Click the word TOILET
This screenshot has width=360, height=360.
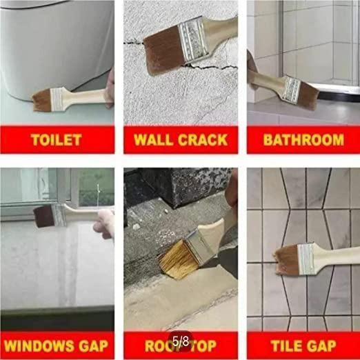coord(56,140)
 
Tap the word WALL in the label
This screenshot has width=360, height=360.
coord(154,140)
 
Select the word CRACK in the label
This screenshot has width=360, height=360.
coord(203,140)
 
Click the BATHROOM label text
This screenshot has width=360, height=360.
coord(303,140)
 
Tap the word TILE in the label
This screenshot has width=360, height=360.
coord(286,344)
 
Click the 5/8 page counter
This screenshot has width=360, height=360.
coord(181,341)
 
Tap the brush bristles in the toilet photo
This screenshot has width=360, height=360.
coord(43,99)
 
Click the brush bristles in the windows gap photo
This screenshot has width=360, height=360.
coord(44,215)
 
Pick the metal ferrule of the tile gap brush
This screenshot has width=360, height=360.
coord(305,257)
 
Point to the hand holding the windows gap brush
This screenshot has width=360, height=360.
coord(105,223)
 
